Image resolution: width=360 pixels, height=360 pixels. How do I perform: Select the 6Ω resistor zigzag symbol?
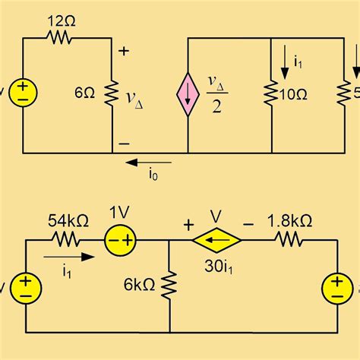point(112,95)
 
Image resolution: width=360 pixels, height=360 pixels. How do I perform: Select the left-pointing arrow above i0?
point(148,161)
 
